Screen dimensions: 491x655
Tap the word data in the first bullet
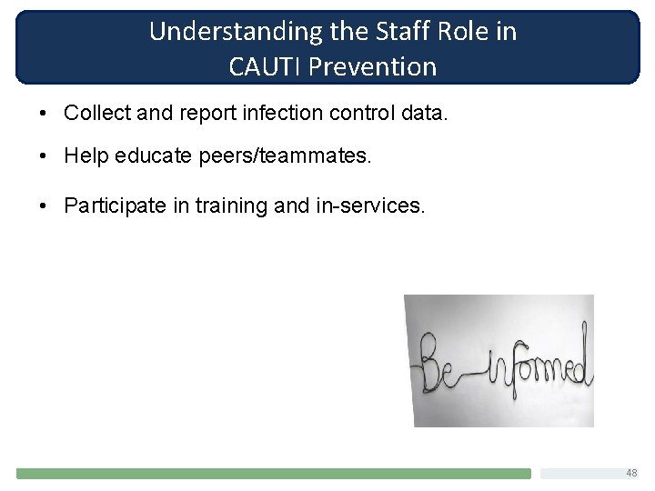pyautogui.click(x=428, y=114)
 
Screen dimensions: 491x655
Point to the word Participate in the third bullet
pyautogui.click(x=114, y=205)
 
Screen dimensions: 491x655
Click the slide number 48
pyautogui.click(x=630, y=473)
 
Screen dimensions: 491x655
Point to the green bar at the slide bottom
pyautogui.click(x=273, y=474)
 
